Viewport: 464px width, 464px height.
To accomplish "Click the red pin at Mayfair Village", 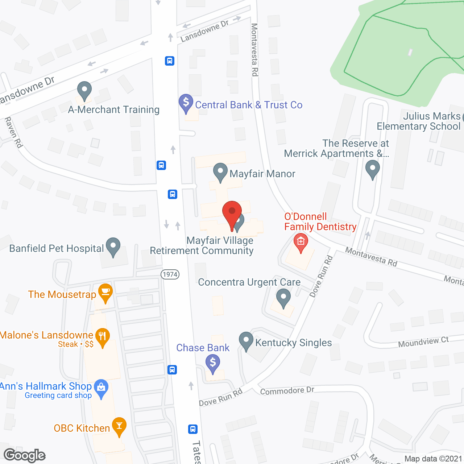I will point(232,212).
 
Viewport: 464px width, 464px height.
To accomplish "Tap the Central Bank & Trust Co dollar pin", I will point(186,103).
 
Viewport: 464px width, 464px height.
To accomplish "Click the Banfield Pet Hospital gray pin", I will point(113,246).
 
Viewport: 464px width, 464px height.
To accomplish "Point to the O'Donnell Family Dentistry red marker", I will point(301,241).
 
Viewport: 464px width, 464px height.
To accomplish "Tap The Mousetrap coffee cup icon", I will point(105,292).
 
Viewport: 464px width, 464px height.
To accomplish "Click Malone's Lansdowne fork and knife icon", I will point(102,337).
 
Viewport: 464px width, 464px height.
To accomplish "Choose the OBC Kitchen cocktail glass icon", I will point(119,426).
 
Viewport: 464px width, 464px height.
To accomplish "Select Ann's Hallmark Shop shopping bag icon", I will point(101,388).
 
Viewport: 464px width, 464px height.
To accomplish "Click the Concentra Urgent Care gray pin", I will point(283,297).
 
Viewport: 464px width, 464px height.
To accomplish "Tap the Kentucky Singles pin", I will point(246,341).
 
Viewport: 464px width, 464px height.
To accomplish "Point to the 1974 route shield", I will point(170,274).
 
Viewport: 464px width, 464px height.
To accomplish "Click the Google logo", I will point(25,455).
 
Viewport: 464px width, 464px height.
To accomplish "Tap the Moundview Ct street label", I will point(423,342).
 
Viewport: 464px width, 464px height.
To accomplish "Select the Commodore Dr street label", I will point(287,391).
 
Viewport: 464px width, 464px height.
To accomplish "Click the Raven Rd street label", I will point(14,132).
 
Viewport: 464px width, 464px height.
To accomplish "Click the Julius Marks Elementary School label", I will point(419,121).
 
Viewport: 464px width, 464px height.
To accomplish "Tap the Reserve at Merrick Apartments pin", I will point(372,169).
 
